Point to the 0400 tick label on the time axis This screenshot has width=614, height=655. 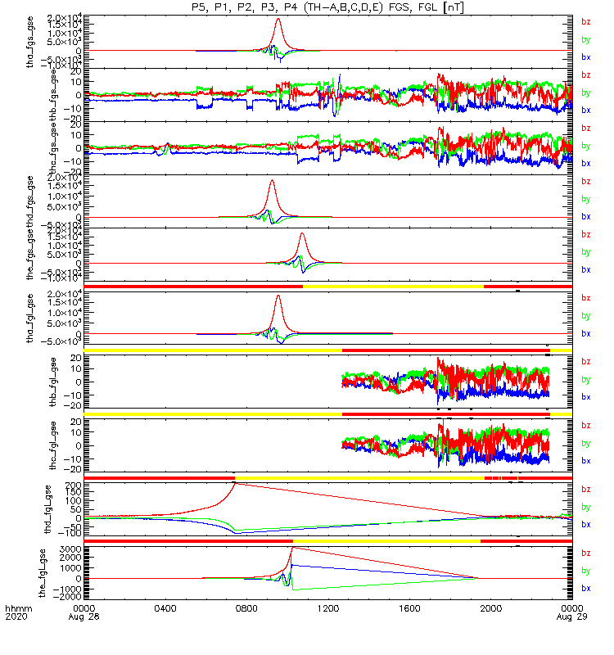[x=165, y=608]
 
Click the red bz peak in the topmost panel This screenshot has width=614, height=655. [x=279, y=19]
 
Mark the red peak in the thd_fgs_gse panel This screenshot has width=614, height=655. [x=272, y=181]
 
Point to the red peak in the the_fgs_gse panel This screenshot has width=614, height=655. [x=301, y=234]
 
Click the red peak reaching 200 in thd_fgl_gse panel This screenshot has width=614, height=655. [x=235, y=483]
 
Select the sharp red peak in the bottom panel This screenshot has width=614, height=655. [x=292, y=548]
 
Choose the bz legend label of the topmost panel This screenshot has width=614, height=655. [x=585, y=22]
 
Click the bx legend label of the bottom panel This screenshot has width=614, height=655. [x=585, y=588]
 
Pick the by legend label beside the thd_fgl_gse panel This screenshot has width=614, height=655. [x=585, y=507]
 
